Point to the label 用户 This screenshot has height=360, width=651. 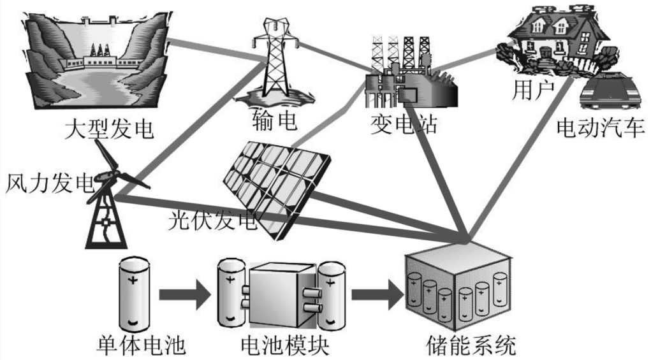click(535, 90)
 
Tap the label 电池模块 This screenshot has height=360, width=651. click(284, 345)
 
